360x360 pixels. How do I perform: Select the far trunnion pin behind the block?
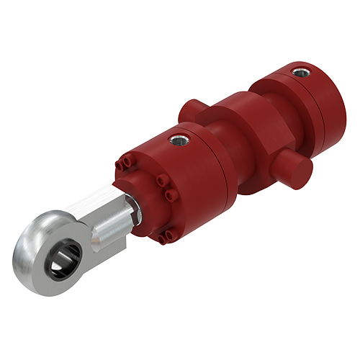[186, 109]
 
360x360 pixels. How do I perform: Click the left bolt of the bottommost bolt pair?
[160, 232]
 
